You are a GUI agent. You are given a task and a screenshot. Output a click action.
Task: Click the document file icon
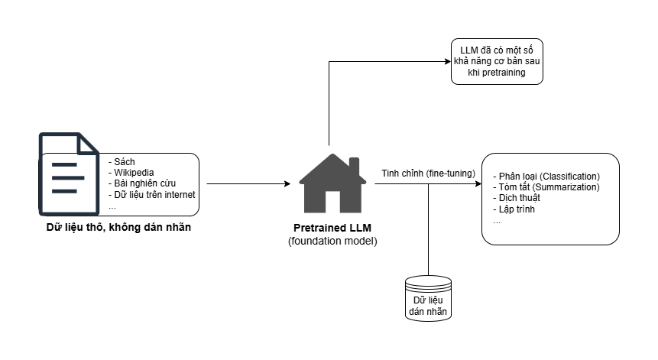pyautogui.click(x=69, y=174)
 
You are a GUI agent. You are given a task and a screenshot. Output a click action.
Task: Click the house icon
pyautogui.click(x=332, y=183)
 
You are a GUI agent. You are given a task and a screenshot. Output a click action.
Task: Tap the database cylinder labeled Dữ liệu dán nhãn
pyautogui.click(x=428, y=299)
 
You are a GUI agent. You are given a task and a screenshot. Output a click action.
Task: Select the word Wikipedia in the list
pyautogui.click(x=135, y=173)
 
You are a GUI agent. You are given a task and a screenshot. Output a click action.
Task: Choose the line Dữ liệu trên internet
pyautogui.click(x=153, y=194)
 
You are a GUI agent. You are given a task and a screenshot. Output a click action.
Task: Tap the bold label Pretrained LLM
pyautogui.click(x=332, y=229)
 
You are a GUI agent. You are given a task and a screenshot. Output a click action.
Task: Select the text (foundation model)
pyautogui.click(x=332, y=241)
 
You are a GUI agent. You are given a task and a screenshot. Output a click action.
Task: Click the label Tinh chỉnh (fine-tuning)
pyautogui.click(x=428, y=174)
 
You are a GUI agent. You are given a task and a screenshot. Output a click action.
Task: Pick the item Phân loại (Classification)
pyautogui.click(x=547, y=177)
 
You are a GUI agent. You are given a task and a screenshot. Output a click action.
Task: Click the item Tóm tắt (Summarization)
pyautogui.click(x=546, y=187)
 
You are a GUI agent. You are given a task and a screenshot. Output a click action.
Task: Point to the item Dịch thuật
pyautogui.click(x=517, y=198)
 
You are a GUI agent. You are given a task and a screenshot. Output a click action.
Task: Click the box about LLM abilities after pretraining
pyautogui.click(x=496, y=62)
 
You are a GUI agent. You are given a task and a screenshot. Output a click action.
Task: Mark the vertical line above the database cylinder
pyautogui.click(x=428, y=229)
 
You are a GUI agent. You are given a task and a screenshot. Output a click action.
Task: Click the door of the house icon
pyautogui.click(x=332, y=201)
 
